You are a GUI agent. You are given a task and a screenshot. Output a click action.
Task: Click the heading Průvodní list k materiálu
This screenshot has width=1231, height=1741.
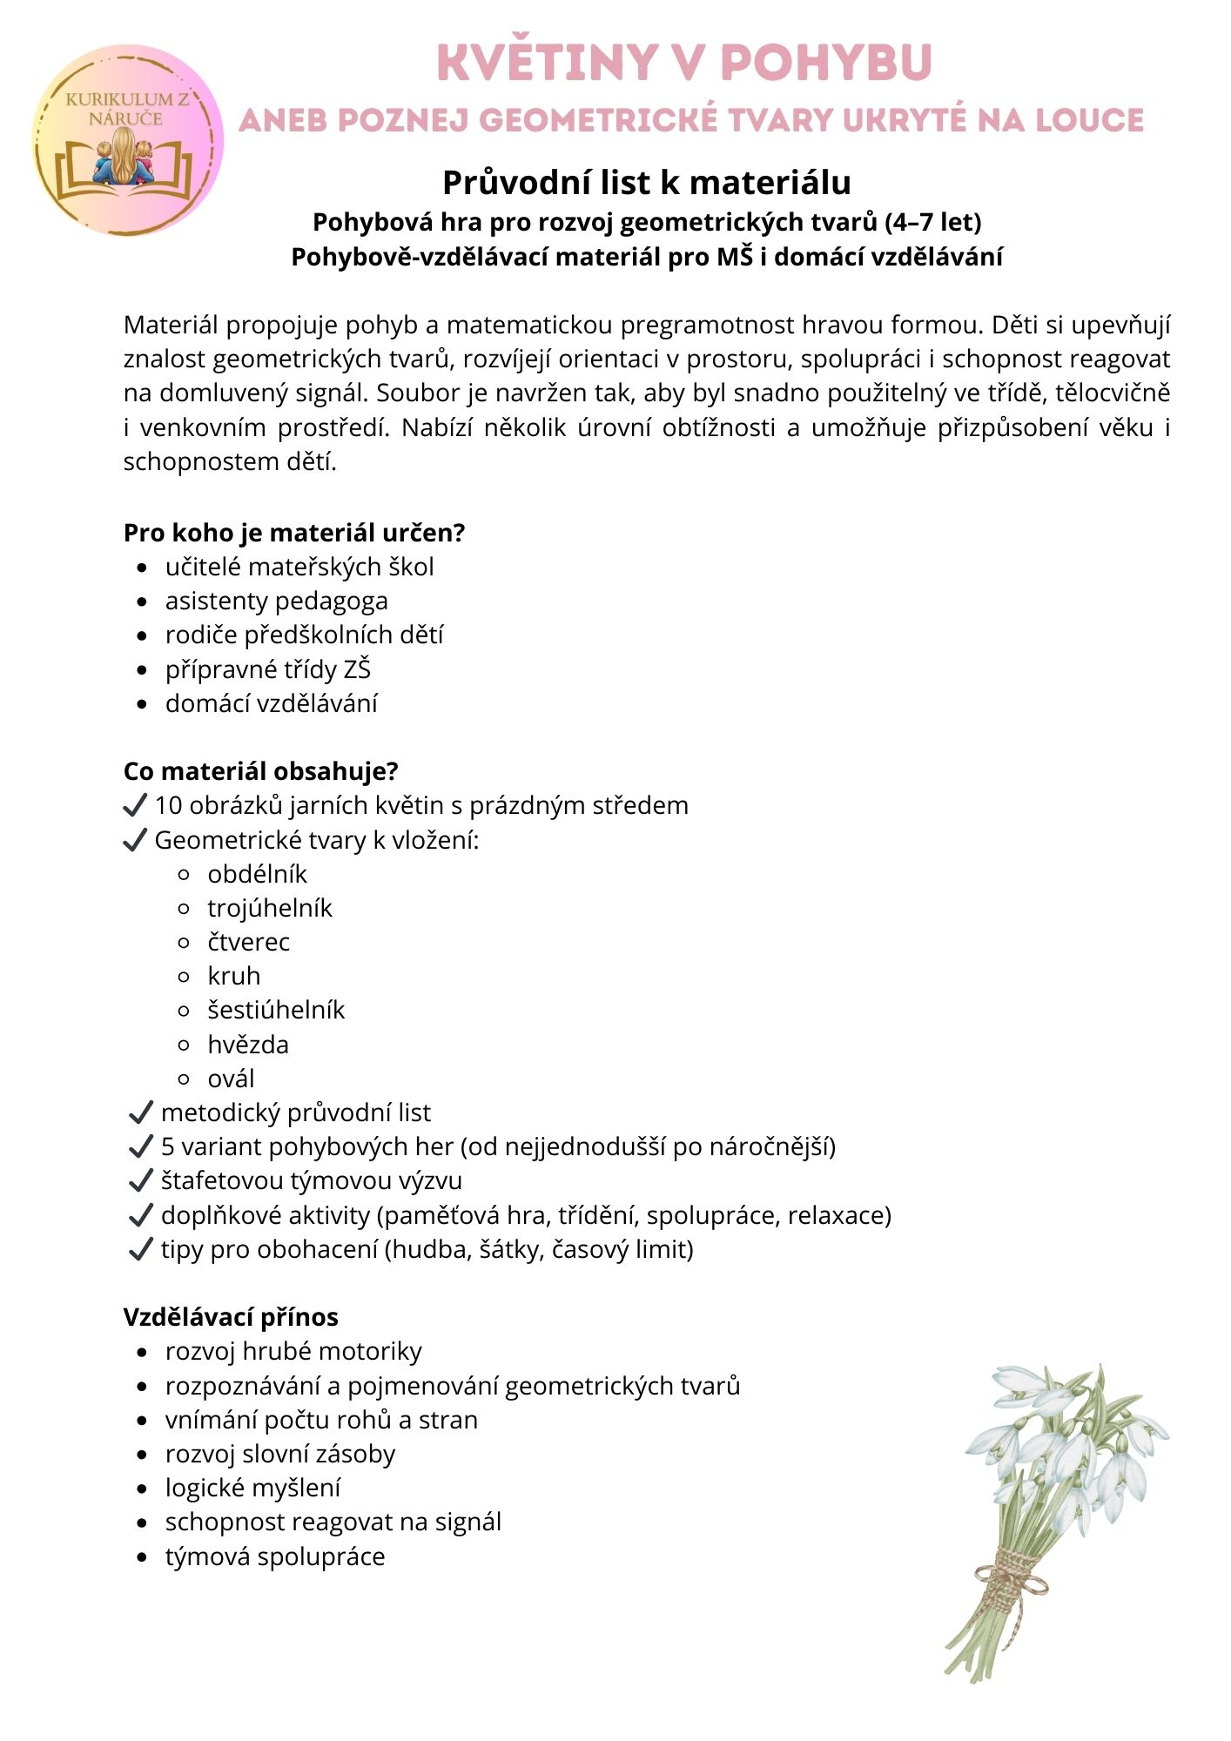(x=646, y=183)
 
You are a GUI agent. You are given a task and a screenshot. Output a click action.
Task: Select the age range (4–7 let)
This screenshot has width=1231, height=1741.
(x=932, y=223)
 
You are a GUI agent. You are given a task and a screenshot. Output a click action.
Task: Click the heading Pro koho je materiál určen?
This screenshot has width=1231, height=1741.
(x=294, y=533)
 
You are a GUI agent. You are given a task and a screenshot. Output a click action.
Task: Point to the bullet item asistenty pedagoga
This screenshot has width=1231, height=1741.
(x=276, y=602)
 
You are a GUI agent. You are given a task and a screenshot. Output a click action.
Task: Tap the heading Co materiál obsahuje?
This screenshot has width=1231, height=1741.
(x=260, y=771)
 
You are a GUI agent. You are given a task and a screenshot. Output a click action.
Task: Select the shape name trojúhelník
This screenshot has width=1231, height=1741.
(x=270, y=909)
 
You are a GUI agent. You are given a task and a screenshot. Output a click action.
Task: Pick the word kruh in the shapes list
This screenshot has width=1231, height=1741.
(x=233, y=977)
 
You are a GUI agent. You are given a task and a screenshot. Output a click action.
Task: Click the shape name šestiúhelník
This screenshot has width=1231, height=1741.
(x=276, y=1011)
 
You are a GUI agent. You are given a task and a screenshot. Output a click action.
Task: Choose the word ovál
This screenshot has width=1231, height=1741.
(x=231, y=1079)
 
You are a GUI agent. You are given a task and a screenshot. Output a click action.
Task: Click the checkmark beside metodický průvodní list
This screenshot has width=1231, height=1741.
(x=140, y=1113)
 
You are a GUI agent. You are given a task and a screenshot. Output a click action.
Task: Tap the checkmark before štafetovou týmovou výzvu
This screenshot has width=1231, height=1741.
(x=140, y=1181)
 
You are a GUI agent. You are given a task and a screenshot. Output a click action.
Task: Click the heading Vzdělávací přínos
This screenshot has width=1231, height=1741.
(x=231, y=1317)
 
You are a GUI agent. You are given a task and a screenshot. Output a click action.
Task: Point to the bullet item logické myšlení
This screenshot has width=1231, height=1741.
(x=252, y=1489)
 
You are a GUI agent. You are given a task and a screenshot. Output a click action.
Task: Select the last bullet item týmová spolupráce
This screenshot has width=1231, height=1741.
(x=275, y=1556)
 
